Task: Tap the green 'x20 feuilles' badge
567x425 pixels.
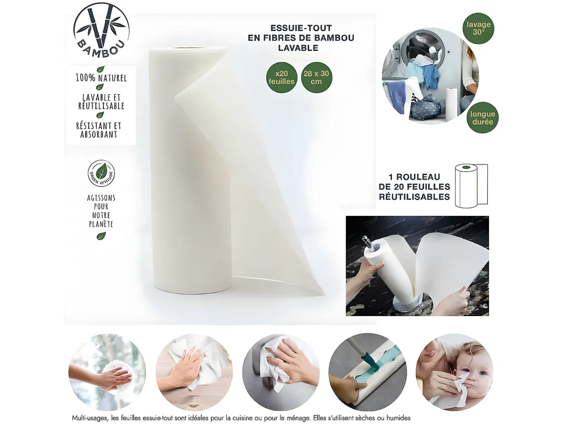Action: pos(281,78)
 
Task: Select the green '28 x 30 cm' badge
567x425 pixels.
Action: pos(316,78)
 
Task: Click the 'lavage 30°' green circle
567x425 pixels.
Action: pos(478,28)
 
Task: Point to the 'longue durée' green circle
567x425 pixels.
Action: pos(482,117)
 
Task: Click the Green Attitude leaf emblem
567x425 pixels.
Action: pos(101,173)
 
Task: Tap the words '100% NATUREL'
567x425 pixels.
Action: pos(101,78)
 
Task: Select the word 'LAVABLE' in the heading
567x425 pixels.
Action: pos(298,48)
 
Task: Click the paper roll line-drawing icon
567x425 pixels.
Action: pos(471,186)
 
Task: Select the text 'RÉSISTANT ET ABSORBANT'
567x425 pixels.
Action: pos(99,130)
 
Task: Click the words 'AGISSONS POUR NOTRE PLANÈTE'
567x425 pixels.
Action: pos(101,211)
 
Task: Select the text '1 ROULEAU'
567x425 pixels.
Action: pos(414,177)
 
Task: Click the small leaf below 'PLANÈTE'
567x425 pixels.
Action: pos(101,236)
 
